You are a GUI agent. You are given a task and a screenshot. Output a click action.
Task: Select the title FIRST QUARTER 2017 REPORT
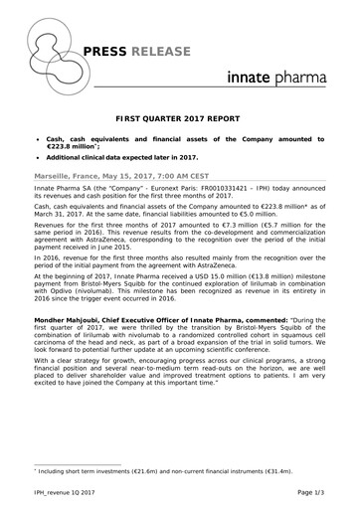(x=179, y=116)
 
